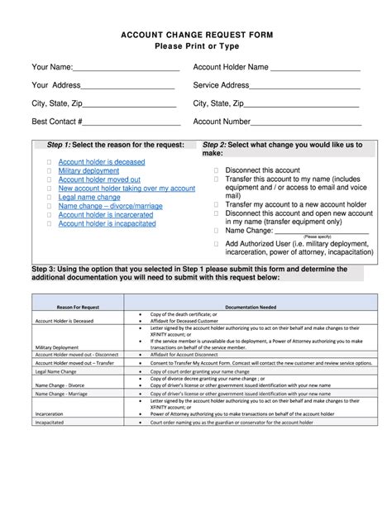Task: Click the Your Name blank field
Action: click(x=124, y=68)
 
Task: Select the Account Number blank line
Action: click(x=305, y=123)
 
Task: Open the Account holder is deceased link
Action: click(x=101, y=163)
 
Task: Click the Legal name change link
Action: click(x=89, y=198)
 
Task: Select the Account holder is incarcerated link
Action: click(x=105, y=215)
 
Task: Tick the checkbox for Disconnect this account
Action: click(x=216, y=170)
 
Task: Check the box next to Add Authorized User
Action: click(x=216, y=245)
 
